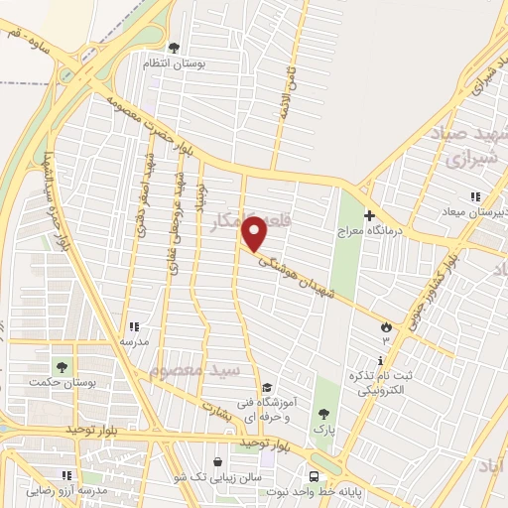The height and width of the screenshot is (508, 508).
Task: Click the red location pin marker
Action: click(255, 234)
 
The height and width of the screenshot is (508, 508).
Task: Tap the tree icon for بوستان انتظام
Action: click(175, 47)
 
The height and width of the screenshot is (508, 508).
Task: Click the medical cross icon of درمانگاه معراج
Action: click(369, 215)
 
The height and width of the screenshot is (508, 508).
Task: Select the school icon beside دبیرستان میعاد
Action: click(475, 196)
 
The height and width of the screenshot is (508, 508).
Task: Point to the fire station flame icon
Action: click(386, 325)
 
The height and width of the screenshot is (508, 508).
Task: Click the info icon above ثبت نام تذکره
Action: click(379, 360)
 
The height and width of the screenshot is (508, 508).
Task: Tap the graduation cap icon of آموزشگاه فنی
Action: click(266, 388)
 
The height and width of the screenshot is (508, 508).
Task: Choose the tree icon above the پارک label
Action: click(321, 414)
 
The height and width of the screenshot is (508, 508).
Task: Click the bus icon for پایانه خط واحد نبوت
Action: click(314, 476)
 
